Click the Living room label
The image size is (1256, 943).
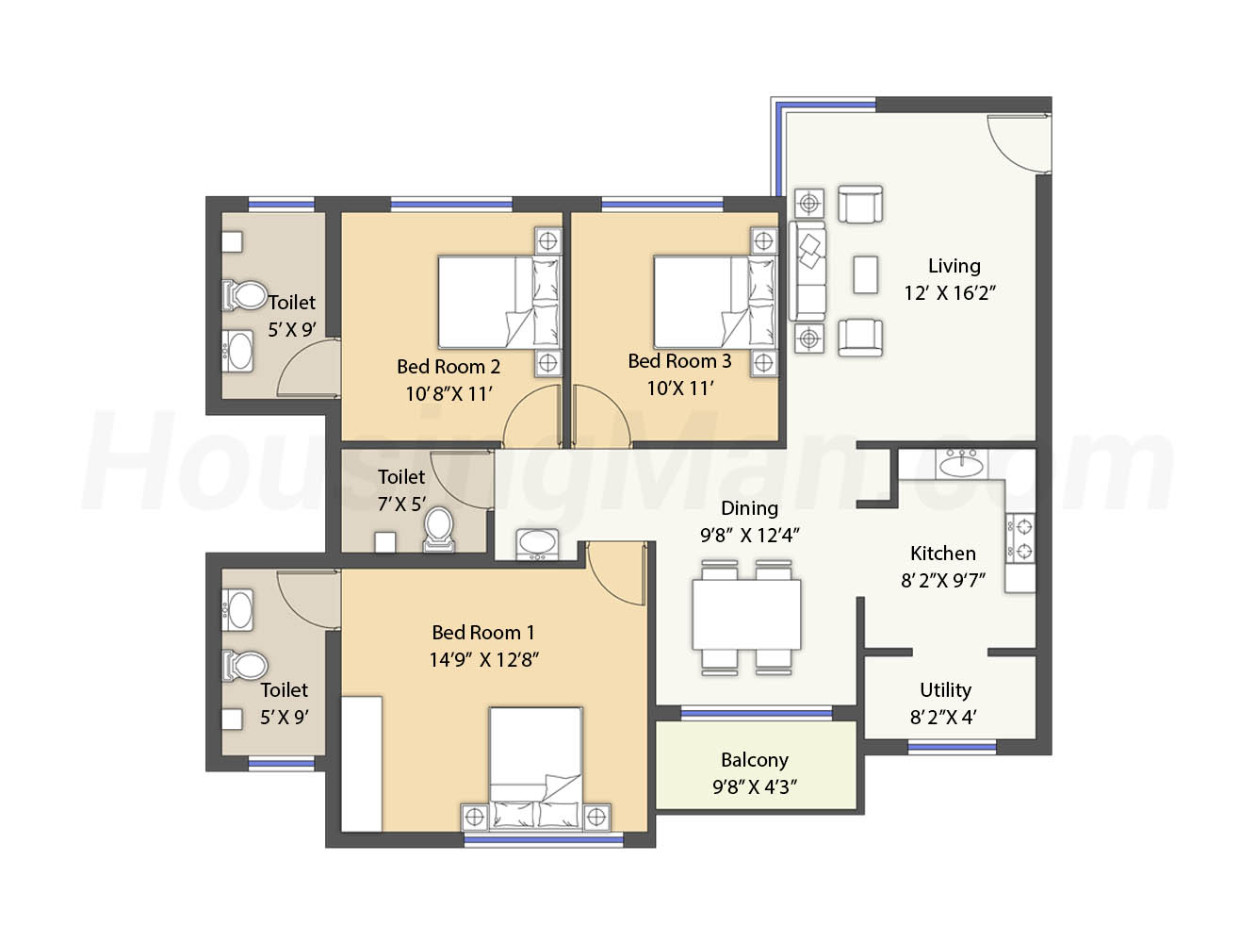tap(954, 266)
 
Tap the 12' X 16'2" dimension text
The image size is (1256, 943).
tap(950, 293)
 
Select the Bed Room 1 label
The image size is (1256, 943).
tap(483, 632)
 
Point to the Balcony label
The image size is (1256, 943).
tap(755, 760)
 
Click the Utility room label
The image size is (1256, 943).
tap(945, 690)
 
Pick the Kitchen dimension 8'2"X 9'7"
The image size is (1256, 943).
tap(943, 581)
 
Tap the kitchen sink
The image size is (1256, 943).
tap(962, 463)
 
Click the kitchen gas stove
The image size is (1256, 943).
tap(1020, 538)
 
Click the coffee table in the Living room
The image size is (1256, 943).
tap(865, 274)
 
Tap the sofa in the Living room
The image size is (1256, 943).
tap(807, 272)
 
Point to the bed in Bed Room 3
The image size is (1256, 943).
tap(715, 303)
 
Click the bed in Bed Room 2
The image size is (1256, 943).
tap(499, 303)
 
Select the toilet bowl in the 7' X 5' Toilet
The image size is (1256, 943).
tap(439, 529)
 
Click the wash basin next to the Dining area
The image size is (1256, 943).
tap(537, 543)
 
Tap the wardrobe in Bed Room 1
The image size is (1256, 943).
tap(362, 764)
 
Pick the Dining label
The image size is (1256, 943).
tap(749, 508)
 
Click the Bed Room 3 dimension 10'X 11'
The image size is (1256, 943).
tap(679, 389)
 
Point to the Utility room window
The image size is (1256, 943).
tap(953, 747)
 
